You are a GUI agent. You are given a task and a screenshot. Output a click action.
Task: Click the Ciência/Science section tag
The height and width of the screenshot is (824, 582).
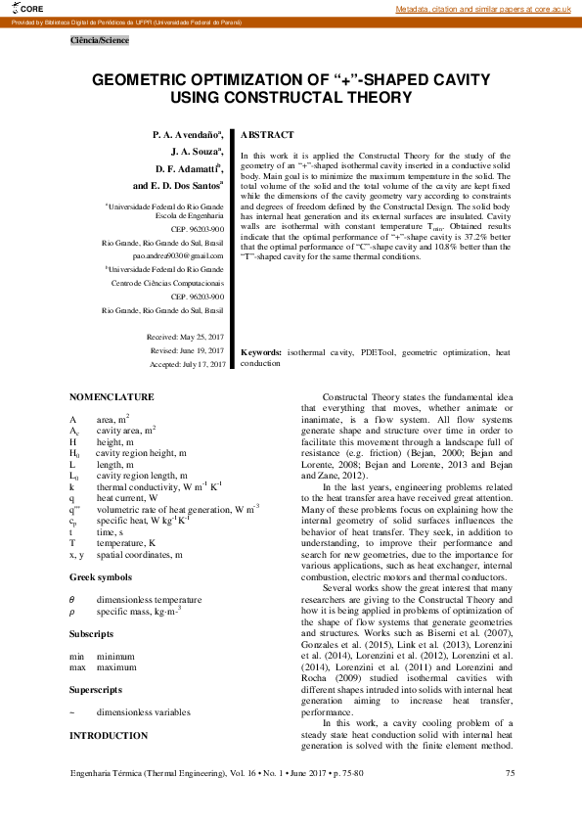point(99,40)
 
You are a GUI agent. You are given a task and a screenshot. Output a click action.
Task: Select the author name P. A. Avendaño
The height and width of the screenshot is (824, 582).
point(187,133)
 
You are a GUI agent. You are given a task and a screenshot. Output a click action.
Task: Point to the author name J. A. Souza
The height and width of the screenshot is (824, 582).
point(197,151)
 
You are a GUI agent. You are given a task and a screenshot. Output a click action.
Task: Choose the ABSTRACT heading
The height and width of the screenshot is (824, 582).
point(267,134)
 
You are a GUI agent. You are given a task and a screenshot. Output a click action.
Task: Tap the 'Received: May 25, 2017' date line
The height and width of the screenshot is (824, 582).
point(185,337)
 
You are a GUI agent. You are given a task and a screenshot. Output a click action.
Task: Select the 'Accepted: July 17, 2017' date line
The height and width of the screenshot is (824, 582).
point(188,364)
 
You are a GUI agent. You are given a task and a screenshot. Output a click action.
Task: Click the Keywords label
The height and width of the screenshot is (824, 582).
point(261,351)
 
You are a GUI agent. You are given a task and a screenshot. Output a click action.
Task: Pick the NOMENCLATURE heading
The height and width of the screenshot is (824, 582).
point(112,396)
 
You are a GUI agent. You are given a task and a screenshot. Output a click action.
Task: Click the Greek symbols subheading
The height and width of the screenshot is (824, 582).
point(102,577)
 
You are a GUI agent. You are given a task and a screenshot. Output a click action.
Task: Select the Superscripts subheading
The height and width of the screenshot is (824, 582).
point(97,689)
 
